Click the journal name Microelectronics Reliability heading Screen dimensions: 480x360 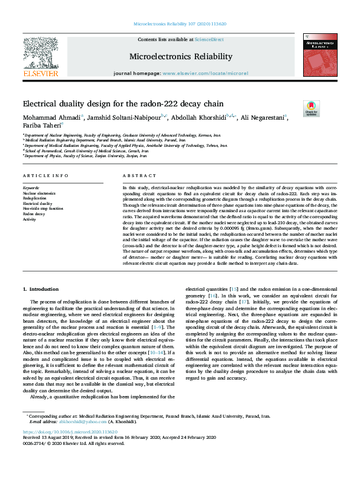[x=180, y=57]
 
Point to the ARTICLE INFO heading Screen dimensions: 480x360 [x=44, y=175]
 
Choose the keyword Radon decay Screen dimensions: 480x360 [x=34, y=213]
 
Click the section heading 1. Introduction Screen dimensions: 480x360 [x=41, y=290]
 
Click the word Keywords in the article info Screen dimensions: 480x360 [x=31, y=188]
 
